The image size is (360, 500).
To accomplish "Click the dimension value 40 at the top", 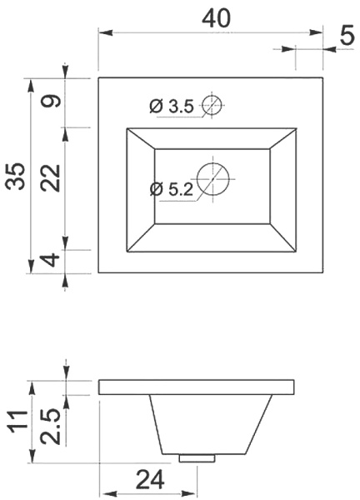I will (215, 18).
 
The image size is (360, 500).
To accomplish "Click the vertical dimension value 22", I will (52, 177).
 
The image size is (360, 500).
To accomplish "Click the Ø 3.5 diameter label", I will (172, 106).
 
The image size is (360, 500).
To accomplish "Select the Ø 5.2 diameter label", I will (172, 189).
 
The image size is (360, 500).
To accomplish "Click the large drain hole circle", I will (212, 177).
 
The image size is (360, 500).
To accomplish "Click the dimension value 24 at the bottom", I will (147, 480).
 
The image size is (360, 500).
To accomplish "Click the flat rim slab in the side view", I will (197, 387).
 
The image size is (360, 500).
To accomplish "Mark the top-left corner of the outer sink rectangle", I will (99, 77).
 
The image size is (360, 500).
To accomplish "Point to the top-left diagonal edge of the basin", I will (140, 139).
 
